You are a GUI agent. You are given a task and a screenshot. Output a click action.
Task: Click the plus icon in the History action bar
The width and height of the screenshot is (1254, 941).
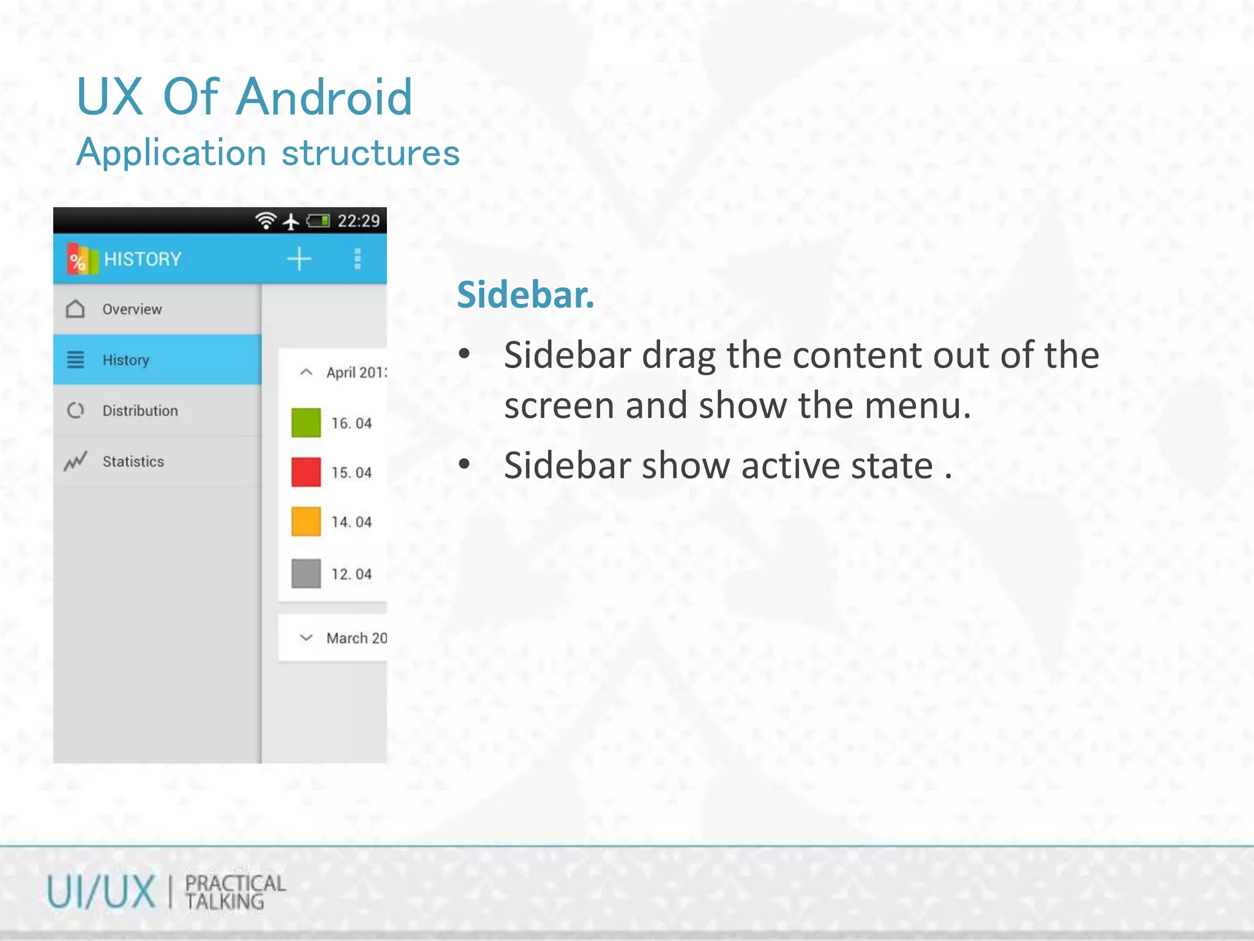299,259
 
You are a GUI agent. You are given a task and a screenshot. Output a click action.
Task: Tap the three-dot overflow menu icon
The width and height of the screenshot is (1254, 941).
358,259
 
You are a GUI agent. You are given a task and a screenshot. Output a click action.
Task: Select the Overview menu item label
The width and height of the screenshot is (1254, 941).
132,309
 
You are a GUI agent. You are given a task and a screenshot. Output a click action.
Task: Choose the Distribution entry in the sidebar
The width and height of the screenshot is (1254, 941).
140,410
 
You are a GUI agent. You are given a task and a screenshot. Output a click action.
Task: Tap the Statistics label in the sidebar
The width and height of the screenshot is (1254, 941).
133,461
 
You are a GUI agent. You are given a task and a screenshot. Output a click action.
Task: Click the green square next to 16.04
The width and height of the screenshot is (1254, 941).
306,423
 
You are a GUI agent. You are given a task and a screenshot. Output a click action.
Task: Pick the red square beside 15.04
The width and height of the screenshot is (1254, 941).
306,472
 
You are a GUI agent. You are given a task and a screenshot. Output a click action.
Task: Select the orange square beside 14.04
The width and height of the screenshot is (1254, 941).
306,522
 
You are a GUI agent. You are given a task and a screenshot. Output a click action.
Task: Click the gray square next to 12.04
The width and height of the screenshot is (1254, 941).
306,573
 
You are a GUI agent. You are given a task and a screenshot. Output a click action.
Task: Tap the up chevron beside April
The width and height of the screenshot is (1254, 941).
306,372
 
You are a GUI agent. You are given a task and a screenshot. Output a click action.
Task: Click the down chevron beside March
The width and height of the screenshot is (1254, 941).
306,638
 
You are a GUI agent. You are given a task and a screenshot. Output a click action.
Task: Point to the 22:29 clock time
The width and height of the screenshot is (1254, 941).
359,221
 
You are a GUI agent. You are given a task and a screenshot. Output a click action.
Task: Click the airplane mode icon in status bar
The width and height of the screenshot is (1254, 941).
291,221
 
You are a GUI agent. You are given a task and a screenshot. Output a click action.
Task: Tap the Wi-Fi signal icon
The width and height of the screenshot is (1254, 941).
266,221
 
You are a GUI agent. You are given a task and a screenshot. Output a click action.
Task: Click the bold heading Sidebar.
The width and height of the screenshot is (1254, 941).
525,295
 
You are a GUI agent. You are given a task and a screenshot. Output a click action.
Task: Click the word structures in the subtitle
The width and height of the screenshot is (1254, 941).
370,153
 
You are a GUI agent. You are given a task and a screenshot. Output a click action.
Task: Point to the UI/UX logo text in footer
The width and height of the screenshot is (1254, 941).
101,892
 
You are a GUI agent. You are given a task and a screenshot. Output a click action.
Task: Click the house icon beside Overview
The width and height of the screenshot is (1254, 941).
75,309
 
